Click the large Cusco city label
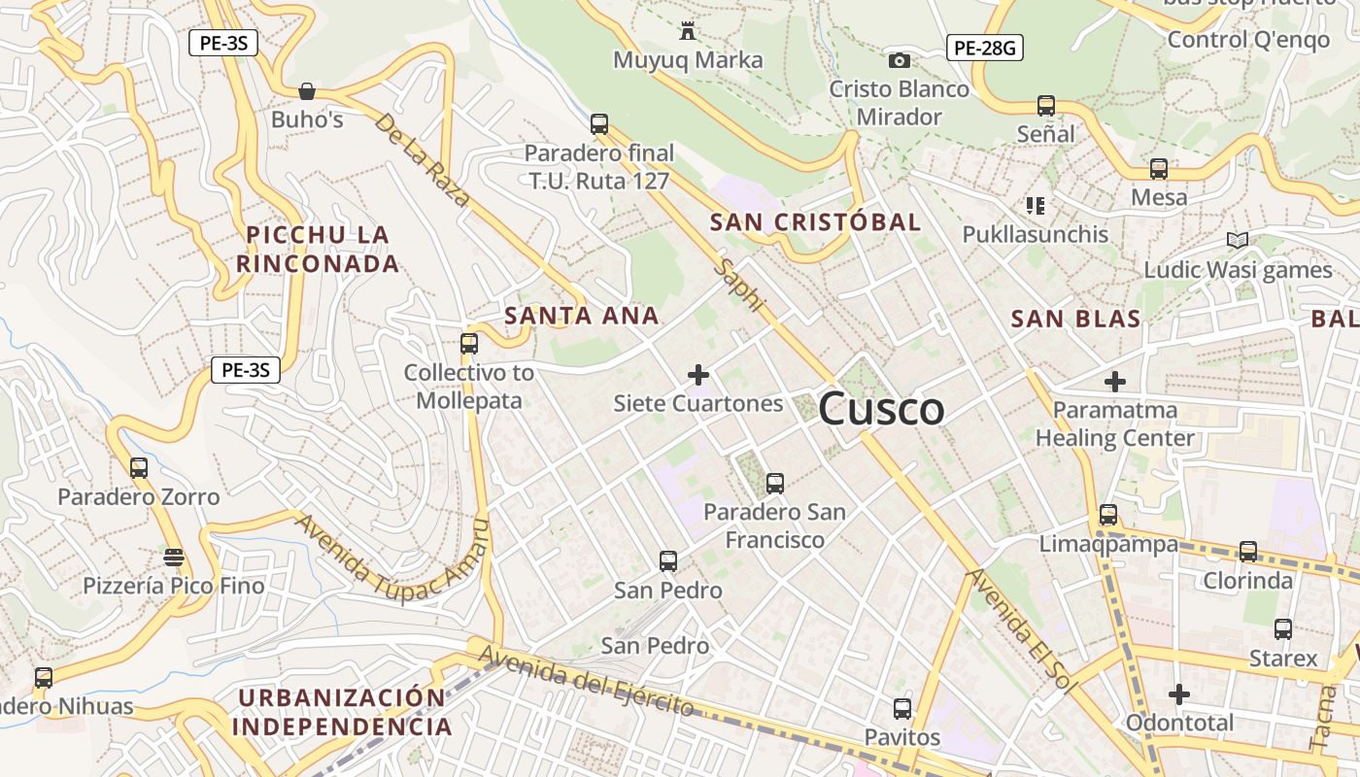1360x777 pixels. point(881,409)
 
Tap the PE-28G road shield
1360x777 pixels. point(985,47)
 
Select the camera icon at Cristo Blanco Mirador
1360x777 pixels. point(900,61)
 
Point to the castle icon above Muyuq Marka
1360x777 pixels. point(688,30)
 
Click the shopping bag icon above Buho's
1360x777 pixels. point(307,91)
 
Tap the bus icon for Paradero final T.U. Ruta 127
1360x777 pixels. point(599,124)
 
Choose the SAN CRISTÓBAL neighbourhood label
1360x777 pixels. point(815,222)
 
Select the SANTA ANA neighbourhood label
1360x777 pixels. point(582,316)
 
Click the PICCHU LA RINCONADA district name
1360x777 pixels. point(318,249)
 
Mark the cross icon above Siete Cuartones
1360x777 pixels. point(697,374)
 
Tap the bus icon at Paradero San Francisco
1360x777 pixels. point(774,483)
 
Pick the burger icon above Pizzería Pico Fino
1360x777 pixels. point(174,557)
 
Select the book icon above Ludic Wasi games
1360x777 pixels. point(1237,240)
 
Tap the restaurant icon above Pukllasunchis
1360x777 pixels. point(1035,206)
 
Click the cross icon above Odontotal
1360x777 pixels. point(1178,694)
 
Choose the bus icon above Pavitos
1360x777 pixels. point(902,709)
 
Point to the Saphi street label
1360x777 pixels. point(738,285)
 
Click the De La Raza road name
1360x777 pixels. point(423,160)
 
